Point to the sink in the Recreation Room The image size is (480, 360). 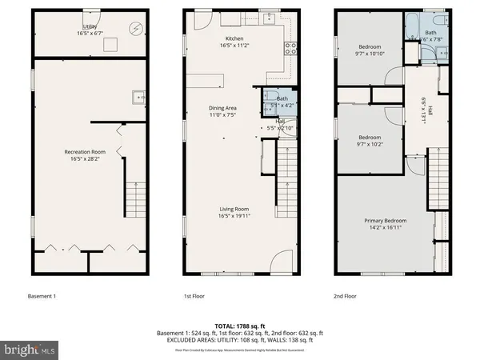pyautogui.click(x=137, y=98)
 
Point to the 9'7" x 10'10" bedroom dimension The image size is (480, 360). pyautogui.click(x=370, y=53)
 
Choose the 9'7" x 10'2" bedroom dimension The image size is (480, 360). pyautogui.click(x=370, y=146)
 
